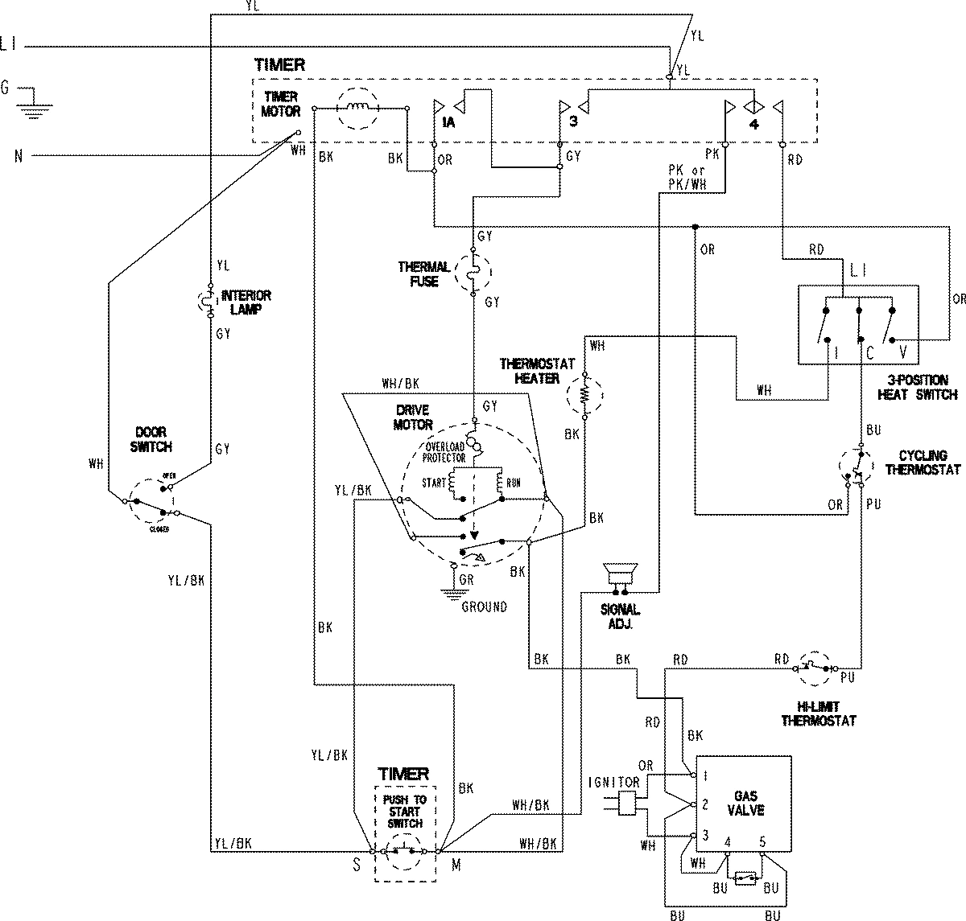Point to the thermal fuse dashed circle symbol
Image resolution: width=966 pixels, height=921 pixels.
tap(473, 273)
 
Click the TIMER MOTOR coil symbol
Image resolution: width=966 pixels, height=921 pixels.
tap(357, 108)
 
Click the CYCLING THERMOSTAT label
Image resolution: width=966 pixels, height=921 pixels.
tap(922, 463)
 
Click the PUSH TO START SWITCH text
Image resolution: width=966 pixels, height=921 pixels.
tap(405, 812)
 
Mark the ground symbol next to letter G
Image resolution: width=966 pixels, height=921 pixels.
tap(32, 101)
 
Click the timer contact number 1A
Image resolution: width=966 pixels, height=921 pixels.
tap(448, 122)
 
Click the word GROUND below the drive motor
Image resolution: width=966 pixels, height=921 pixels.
tap(484, 606)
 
